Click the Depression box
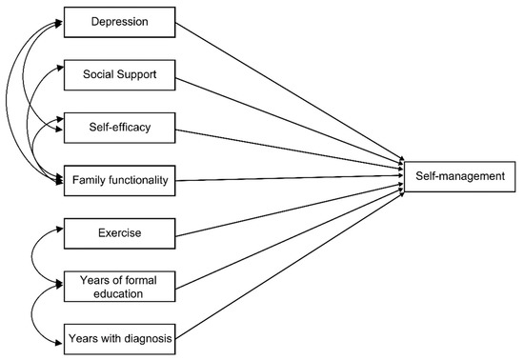(x=118, y=20)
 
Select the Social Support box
(x=118, y=72)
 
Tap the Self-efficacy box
(x=118, y=125)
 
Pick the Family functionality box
(x=118, y=179)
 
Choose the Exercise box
(x=118, y=231)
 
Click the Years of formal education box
(x=118, y=286)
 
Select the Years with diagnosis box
(x=118, y=337)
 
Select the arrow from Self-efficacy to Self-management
(x=286, y=147)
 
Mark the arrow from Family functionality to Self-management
(x=286, y=176)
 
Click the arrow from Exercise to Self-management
(x=286, y=205)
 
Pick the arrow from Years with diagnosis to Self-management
(x=286, y=259)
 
